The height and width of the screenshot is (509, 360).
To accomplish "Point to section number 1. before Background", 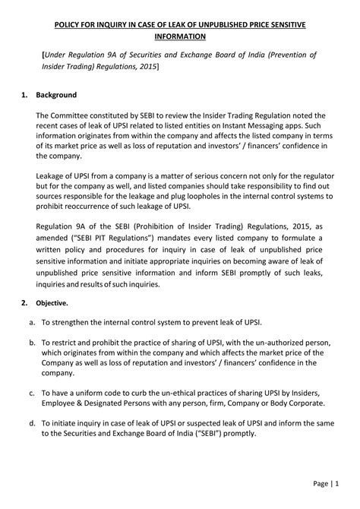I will coord(25,96).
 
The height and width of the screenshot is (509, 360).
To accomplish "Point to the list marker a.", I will coord(30,321).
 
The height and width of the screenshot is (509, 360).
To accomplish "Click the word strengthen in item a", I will coord(78,321).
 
